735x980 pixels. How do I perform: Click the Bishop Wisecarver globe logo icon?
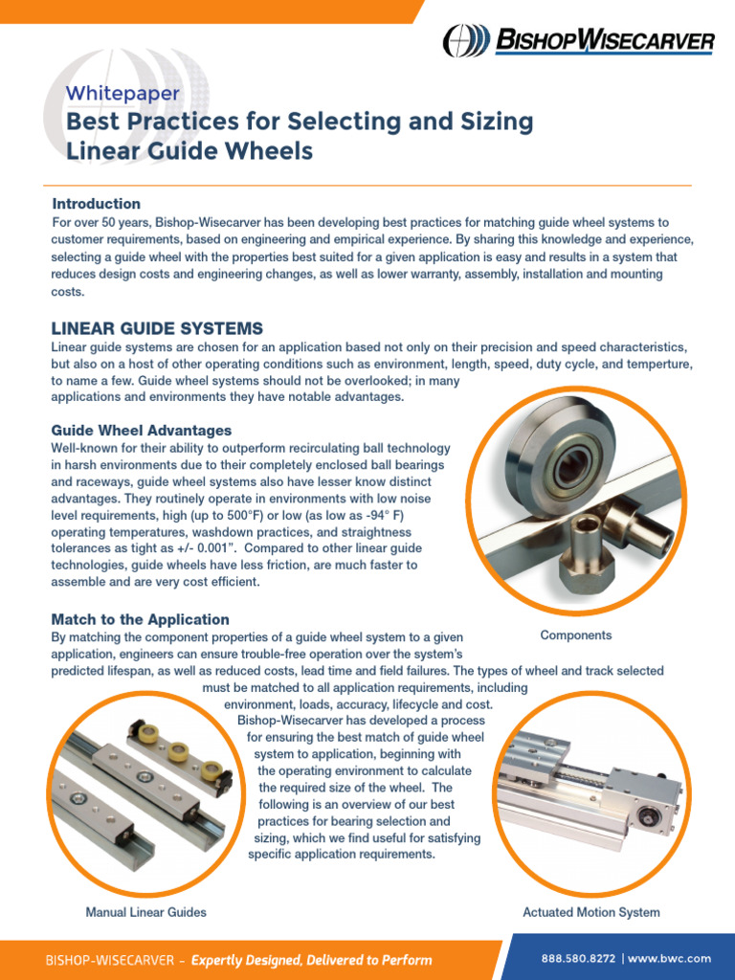click(465, 41)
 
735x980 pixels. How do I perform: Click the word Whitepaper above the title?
click(122, 94)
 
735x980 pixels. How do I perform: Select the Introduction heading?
click(97, 204)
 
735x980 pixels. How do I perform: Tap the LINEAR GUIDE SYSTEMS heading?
click(157, 328)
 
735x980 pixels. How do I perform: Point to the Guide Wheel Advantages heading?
click(142, 431)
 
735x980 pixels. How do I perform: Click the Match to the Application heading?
click(141, 619)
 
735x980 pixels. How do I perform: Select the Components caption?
click(576, 635)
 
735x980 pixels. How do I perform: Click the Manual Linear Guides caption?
click(146, 912)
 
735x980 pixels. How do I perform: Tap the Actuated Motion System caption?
click(591, 912)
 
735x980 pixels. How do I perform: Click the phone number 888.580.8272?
click(579, 958)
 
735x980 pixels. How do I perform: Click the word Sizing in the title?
click(484, 122)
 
